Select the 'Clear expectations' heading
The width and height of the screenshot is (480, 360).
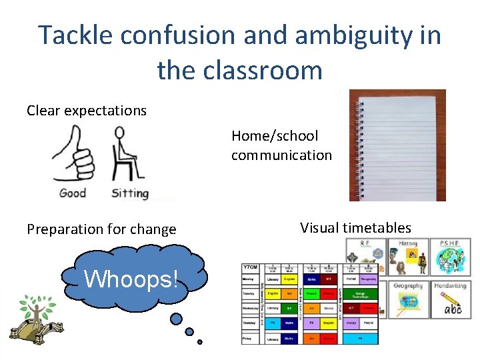pyautogui.click(x=87, y=111)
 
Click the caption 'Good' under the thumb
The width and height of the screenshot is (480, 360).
pyautogui.click(x=73, y=193)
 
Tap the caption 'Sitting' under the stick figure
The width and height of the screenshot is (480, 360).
pyautogui.click(x=129, y=193)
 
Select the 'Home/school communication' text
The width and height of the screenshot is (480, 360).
pyautogui.click(x=281, y=145)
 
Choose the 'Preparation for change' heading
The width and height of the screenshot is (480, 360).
pyautogui.click(x=101, y=229)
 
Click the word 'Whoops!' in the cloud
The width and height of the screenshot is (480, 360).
pyautogui.click(x=131, y=279)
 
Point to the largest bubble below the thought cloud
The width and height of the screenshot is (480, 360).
pyautogui.click(x=176, y=319)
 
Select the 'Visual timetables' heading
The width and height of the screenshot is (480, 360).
pyautogui.click(x=355, y=228)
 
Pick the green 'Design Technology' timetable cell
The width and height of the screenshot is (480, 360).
pyautogui.click(x=360, y=294)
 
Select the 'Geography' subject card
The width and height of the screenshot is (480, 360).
pyautogui.click(x=408, y=299)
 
